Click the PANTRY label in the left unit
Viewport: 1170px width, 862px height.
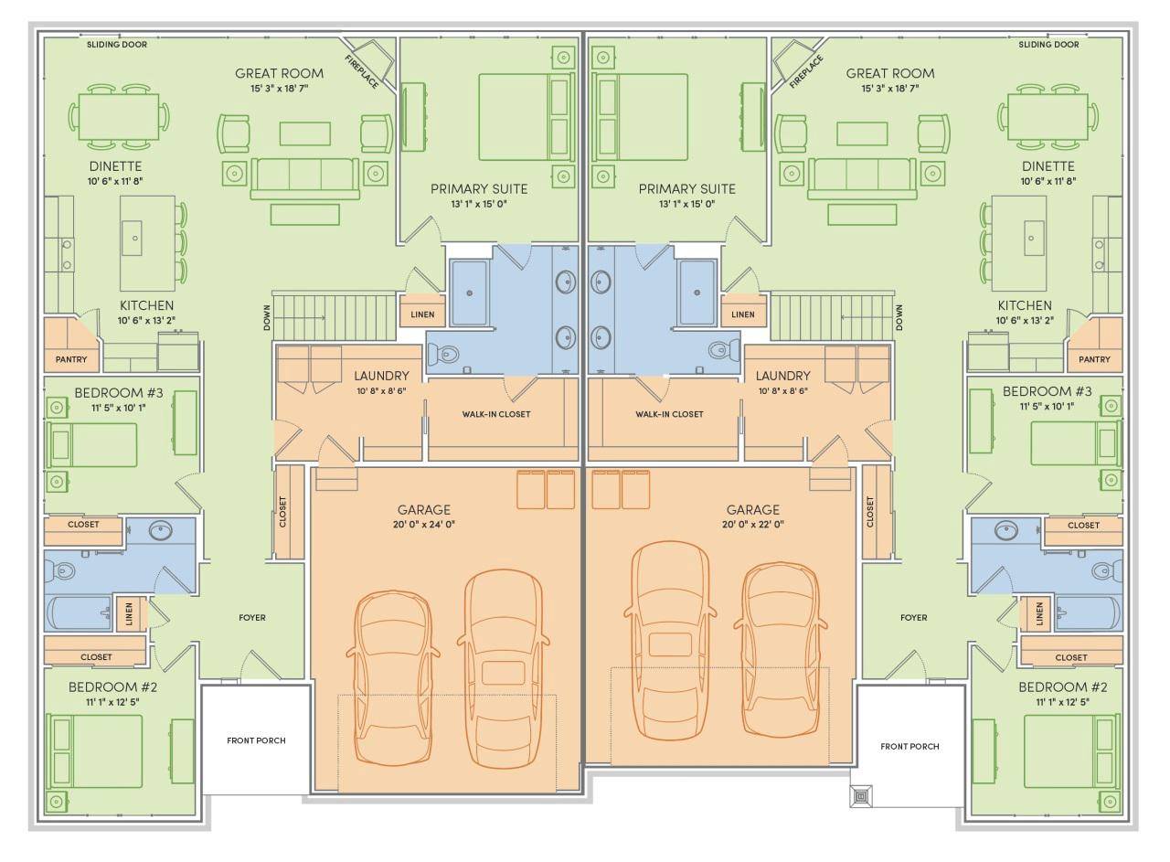pyautogui.click(x=71, y=359)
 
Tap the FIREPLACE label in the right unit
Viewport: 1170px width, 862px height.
pyautogui.click(x=806, y=70)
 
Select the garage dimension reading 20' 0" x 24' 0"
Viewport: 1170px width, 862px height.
pyautogui.click(x=423, y=525)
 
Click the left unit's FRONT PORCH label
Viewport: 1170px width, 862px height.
pyautogui.click(x=256, y=740)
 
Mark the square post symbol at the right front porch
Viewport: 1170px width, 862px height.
pyautogui.click(x=862, y=795)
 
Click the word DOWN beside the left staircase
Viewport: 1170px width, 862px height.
pyautogui.click(x=266, y=317)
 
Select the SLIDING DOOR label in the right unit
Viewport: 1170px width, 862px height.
pyautogui.click(x=1048, y=45)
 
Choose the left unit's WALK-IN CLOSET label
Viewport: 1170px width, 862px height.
pyautogui.click(x=495, y=414)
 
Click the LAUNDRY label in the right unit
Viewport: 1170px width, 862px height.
pyautogui.click(x=782, y=376)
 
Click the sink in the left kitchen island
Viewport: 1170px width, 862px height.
pyautogui.click(x=136, y=238)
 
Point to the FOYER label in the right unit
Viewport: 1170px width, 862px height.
pyautogui.click(x=913, y=618)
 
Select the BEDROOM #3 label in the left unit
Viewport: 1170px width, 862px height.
pyautogui.click(x=119, y=392)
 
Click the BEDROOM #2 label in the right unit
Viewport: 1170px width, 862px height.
pyautogui.click(x=1049, y=686)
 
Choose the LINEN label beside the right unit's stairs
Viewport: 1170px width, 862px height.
pyautogui.click(x=743, y=314)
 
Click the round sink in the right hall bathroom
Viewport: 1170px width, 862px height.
pyautogui.click(x=1006, y=531)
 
